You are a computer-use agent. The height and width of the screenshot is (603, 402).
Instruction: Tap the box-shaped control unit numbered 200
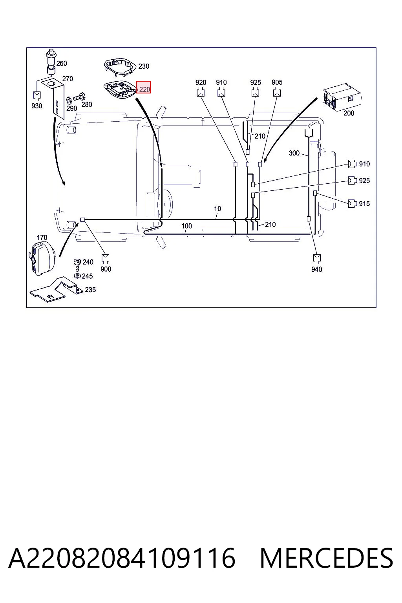pyautogui.click(x=342, y=97)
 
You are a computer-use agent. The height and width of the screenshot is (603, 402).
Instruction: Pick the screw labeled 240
pyautogui.click(x=77, y=265)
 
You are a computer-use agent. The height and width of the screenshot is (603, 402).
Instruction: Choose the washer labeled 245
pyautogui.click(x=77, y=276)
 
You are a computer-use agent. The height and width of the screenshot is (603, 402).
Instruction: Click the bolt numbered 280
pyautogui.click(x=79, y=96)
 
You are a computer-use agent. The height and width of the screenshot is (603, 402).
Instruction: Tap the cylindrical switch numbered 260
pyautogui.click(x=51, y=62)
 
